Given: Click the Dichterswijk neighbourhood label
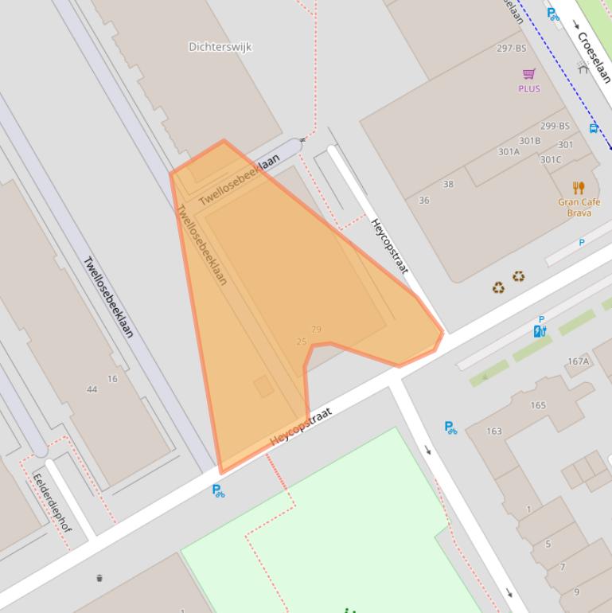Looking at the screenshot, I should coord(220,47).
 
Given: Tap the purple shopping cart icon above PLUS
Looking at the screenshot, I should coord(528,75).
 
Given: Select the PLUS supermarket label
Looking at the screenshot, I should coord(528,88).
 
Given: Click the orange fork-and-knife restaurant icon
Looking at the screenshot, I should coord(579,188).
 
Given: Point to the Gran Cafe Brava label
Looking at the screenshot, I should coord(579,207).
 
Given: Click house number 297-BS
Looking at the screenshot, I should coord(511,49).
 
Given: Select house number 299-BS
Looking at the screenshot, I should coord(555,126).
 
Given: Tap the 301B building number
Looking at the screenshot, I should coord(530,141).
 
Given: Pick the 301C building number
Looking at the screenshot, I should coord(550,159).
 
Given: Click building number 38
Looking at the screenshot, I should coord(448,184).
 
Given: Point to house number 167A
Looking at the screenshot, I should coord(578,361).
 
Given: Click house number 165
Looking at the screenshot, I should coord(538,405).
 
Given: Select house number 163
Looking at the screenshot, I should coord(494,431).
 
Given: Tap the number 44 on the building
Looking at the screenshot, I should coord(92,389).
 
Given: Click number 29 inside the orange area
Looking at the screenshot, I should coord(316,330).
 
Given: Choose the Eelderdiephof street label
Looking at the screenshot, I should coord(52,503).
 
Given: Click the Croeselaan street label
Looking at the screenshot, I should coord(594,57).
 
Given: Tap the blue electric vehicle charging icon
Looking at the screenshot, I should coord(540,331).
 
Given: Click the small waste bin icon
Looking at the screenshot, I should coord(99,578).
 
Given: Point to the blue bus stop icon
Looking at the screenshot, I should coord(594,128).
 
